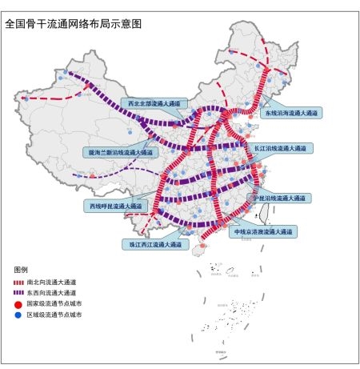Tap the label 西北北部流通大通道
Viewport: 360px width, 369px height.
[154, 103]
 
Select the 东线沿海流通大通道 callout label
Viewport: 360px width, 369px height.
[292, 114]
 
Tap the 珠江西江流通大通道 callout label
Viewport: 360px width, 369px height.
[152, 243]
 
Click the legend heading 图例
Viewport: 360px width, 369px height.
[21, 270]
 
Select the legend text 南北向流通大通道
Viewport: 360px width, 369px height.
[52, 283]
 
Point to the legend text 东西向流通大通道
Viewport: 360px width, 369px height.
[52, 294]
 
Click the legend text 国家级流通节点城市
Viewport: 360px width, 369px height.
[54, 305]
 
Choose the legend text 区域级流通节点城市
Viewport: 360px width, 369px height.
[54, 316]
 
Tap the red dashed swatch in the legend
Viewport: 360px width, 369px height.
[19, 283]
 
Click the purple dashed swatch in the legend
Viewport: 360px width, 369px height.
[19, 294]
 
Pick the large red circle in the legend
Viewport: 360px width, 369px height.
[19, 305]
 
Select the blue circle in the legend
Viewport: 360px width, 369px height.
[19, 316]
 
